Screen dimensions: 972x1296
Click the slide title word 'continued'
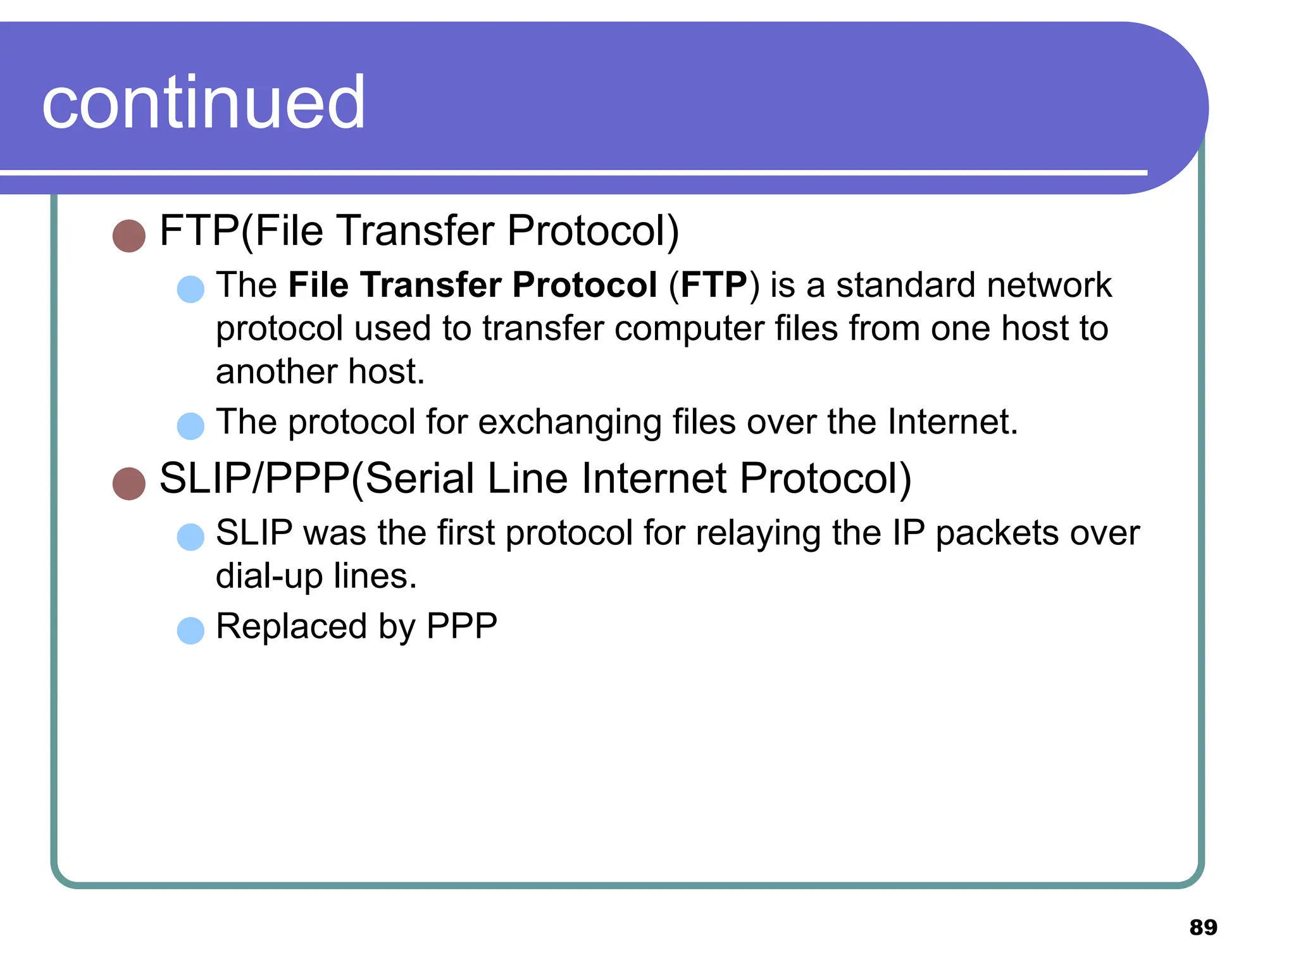pos(203,103)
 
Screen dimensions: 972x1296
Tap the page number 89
pos(1203,927)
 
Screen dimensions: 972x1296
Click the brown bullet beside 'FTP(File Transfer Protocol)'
pos(129,236)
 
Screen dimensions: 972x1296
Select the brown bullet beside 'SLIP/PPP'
pos(129,483)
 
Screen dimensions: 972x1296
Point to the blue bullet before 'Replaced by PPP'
pos(190,630)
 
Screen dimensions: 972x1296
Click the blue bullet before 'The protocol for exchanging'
pos(190,426)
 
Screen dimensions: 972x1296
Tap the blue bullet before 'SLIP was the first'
pos(190,537)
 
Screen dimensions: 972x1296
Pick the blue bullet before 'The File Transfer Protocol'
pos(190,289)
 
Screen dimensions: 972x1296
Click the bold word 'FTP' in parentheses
pos(714,285)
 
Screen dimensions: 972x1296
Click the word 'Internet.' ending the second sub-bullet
pos(952,422)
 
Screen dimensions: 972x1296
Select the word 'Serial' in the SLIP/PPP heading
pos(420,478)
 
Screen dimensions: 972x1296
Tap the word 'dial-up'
pos(269,576)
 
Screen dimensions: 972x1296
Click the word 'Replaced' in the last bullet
pos(292,626)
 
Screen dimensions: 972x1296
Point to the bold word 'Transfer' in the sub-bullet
pos(431,285)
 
